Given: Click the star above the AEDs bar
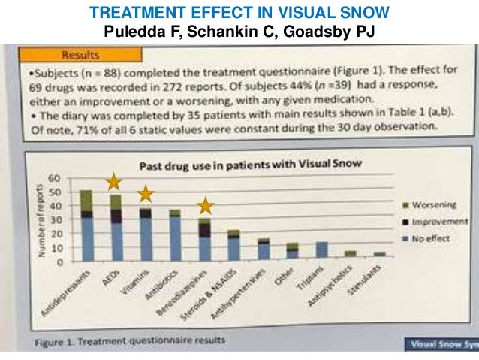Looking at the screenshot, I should point(113,181).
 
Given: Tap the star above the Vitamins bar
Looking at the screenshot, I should point(145,194).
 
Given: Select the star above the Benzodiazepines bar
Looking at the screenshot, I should point(206,205).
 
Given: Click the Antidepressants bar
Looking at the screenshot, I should point(87,225).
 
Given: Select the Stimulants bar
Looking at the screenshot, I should point(379,255).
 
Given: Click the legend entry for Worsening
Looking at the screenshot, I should point(420,204).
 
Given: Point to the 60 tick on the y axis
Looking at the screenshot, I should point(53,177).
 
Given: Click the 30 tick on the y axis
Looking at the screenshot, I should point(53,219).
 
